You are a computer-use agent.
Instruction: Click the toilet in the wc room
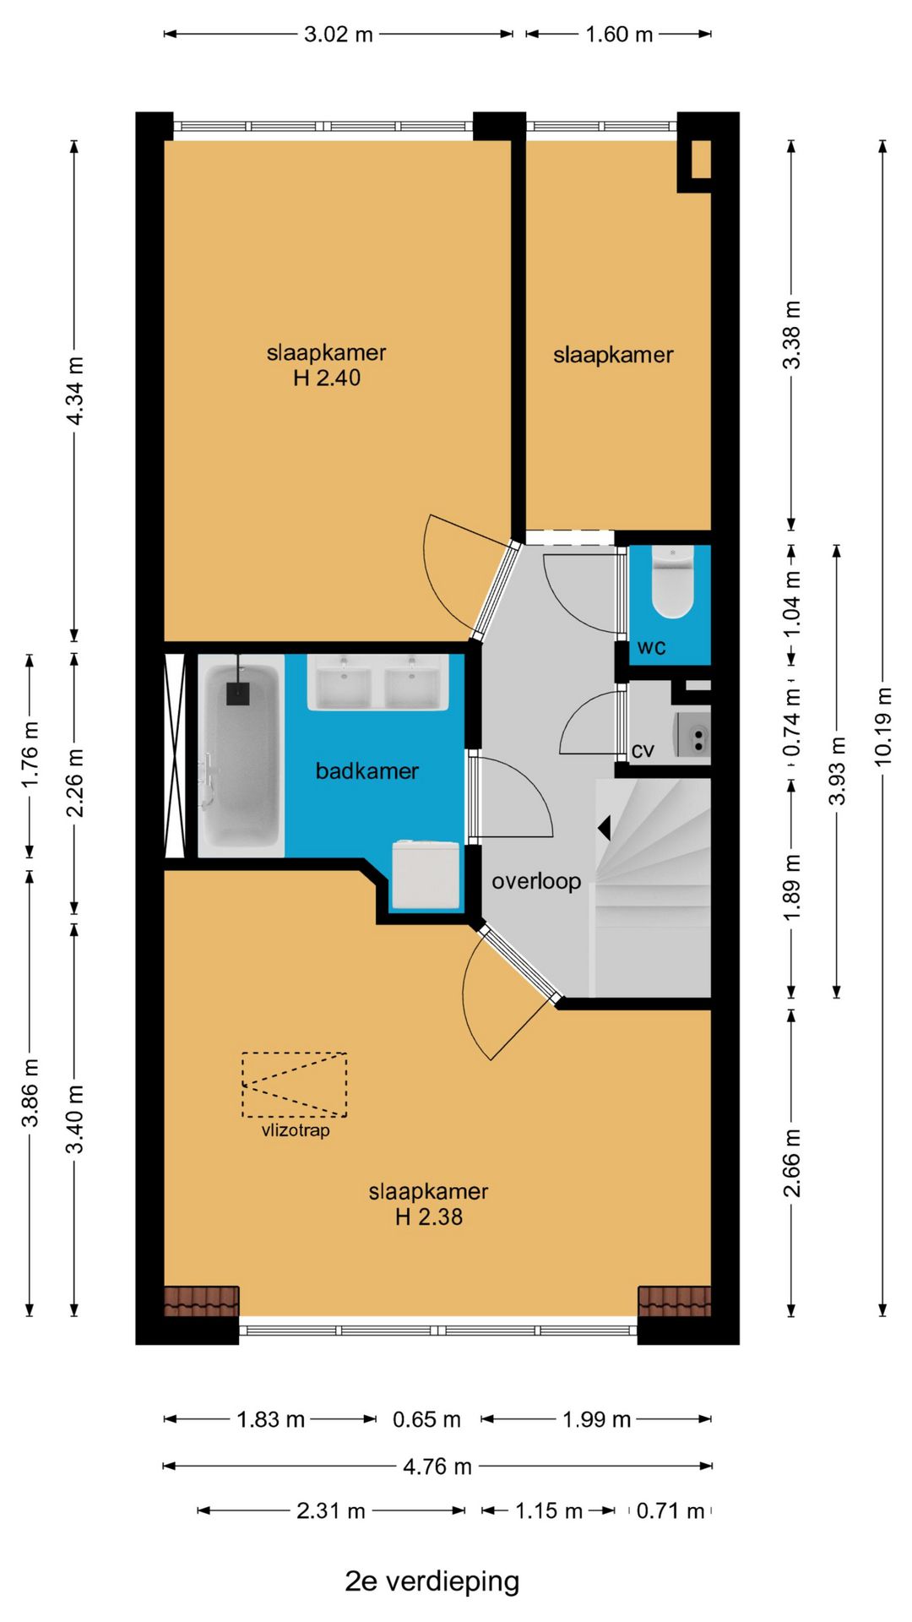coord(673,583)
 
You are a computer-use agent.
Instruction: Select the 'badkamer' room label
coord(366,770)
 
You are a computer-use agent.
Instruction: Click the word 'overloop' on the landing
coord(536,881)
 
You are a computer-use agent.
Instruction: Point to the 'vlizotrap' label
coord(296,1130)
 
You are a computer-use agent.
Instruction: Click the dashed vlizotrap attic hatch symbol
coord(294,1085)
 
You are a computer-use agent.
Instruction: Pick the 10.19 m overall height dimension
coord(882,727)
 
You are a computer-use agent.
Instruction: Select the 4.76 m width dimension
coord(437,1466)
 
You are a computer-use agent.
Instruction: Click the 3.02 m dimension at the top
coord(338,34)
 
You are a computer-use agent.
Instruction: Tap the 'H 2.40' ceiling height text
coord(327,378)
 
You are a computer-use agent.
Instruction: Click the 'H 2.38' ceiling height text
coord(429,1216)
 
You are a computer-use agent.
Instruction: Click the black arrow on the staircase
coord(604,828)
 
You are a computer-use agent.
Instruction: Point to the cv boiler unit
coord(692,735)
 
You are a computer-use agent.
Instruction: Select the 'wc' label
coord(651,647)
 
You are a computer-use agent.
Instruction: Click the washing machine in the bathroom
coord(426,875)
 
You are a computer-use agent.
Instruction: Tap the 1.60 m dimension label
coord(619,34)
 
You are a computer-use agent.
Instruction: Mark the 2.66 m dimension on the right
coord(792,1162)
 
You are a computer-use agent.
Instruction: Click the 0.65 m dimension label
coord(426,1419)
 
